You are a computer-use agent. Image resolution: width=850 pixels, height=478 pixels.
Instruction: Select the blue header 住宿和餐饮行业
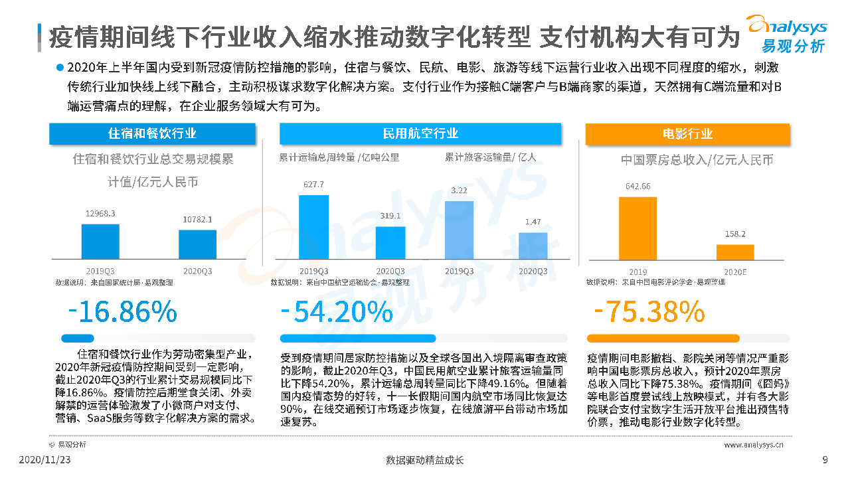152,133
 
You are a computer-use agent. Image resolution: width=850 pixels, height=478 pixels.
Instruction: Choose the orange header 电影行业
687,133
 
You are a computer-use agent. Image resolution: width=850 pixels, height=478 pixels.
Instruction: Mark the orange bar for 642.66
637,228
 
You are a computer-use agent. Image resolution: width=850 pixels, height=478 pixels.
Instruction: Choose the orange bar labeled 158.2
735,252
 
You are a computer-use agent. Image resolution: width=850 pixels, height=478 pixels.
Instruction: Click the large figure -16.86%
123,311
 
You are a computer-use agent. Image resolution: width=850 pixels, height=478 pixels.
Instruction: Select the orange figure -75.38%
648,311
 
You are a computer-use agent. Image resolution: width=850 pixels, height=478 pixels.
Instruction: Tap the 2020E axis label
735,272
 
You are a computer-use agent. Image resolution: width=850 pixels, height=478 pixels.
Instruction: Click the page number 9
825,459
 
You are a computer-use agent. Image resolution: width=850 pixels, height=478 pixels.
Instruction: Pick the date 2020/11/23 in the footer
45,459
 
